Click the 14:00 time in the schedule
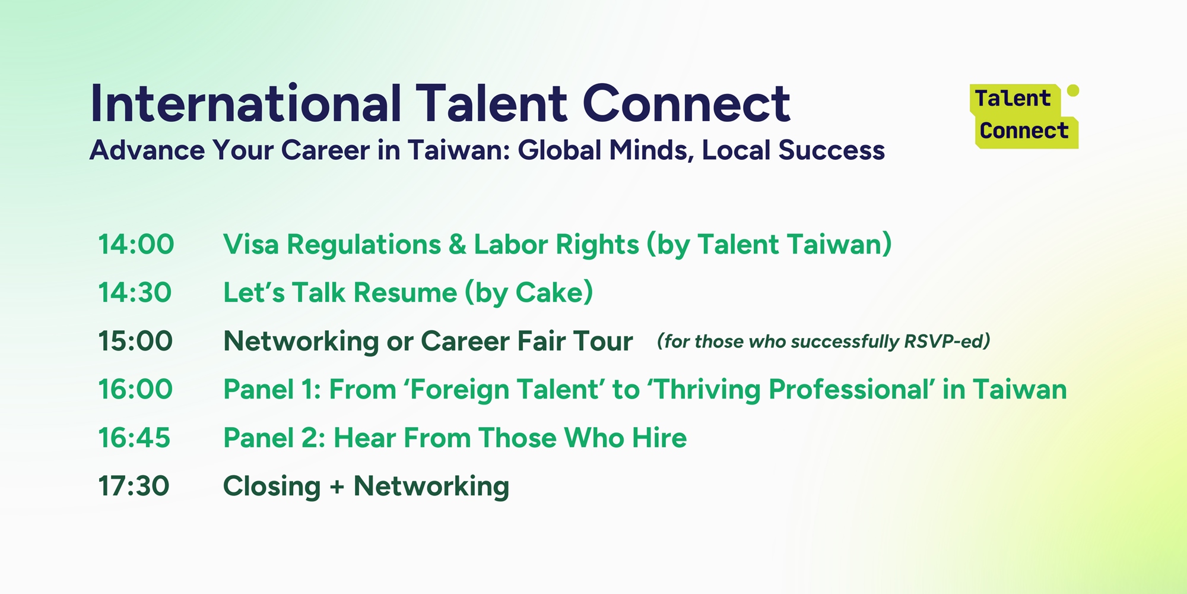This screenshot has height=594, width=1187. (136, 244)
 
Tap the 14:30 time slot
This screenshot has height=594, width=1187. (135, 292)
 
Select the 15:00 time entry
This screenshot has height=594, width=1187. (135, 341)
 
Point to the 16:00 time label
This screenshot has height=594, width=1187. (135, 389)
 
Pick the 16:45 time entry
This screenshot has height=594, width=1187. (134, 438)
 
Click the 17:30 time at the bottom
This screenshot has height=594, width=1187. (134, 486)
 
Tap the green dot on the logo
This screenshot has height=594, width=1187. (1073, 90)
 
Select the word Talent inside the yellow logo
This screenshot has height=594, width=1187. (1013, 99)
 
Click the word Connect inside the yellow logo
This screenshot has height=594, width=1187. (1024, 131)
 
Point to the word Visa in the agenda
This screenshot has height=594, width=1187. (251, 244)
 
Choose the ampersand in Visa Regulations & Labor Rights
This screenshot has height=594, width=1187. (458, 244)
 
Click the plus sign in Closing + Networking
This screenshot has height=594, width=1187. (337, 487)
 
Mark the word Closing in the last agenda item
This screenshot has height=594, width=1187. (272, 486)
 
